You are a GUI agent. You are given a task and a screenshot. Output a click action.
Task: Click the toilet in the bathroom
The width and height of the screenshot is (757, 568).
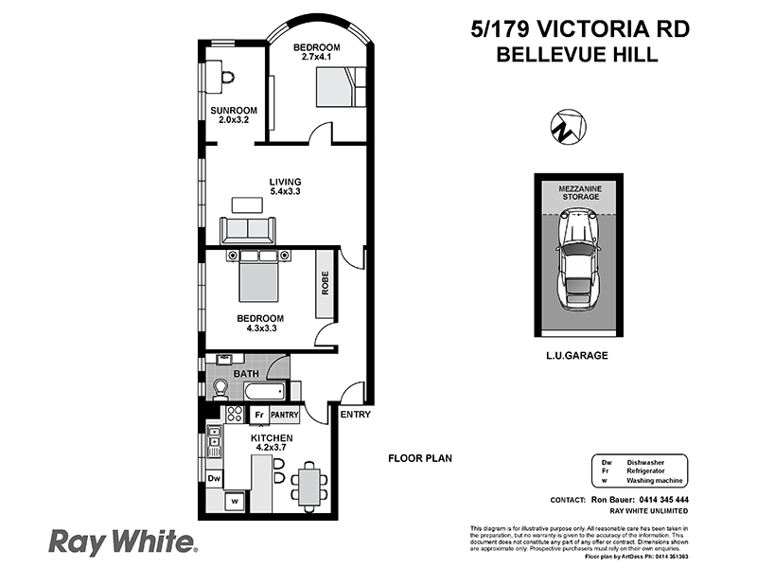pyautogui.click(x=221, y=387)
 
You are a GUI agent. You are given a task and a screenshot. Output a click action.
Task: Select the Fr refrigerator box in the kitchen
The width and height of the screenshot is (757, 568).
pyautogui.click(x=257, y=415)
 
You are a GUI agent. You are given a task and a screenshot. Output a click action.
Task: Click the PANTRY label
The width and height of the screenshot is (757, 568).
pyautogui.click(x=285, y=415)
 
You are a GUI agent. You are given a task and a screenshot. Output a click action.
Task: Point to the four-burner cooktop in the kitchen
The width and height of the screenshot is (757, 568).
pyautogui.click(x=232, y=415)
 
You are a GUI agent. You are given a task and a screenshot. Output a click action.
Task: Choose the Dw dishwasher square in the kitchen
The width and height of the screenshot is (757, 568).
pyautogui.click(x=214, y=479)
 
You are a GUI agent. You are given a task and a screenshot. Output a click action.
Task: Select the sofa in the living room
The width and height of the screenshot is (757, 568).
pyautogui.click(x=248, y=230)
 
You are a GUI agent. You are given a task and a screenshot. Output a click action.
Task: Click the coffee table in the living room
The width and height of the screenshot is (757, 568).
pyautogui.click(x=248, y=204)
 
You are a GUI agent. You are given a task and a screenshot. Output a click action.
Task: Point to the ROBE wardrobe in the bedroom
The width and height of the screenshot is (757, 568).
pyautogui.click(x=325, y=283)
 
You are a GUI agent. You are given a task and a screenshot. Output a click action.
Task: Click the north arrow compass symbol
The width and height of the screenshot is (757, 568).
pyautogui.click(x=567, y=126)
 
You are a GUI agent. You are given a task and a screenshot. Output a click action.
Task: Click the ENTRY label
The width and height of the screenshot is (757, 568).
pyautogui.click(x=355, y=415)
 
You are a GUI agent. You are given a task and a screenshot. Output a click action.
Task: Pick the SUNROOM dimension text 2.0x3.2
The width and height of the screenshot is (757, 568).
pyautogui.click(x=227, y=120)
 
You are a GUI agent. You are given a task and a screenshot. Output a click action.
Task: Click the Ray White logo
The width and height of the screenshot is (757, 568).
pyautogui.click(x=123, y=541)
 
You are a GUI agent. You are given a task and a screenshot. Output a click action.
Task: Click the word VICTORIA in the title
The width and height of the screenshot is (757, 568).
pyautogui.click(x=581, y=29)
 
